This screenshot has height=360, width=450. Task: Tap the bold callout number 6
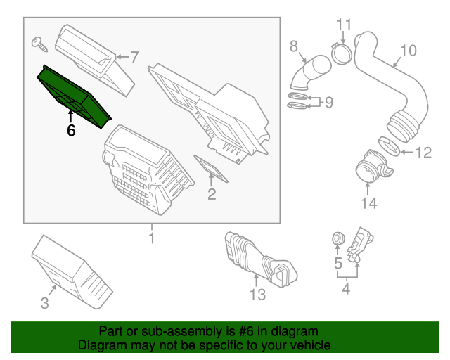tap(71, 130)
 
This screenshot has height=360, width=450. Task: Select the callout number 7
tap(134, 56)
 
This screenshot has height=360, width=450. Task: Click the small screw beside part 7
tap(39, 44)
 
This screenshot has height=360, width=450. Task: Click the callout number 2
tap(212, 194)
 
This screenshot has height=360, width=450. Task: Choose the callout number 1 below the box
tap(151, 240)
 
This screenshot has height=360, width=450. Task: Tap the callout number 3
tap(44, 304)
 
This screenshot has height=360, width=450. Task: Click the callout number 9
tap(328, 103)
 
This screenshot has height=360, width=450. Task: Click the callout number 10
tap(408, 51)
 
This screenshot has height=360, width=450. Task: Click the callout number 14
tap(368, 204)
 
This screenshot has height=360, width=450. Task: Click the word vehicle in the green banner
tap(308, 346)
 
